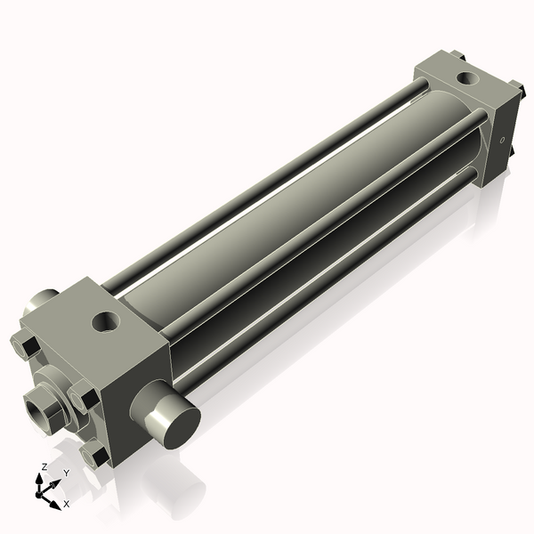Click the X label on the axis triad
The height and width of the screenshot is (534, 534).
pyautogui.click(x=66, y=504)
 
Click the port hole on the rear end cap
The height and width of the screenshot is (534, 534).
pyautogui.click(x=466, y=79)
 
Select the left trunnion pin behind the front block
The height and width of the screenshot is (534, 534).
pyautogui.click(x=40, y=303)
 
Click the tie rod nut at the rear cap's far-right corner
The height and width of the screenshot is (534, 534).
pyautogui.click(x=515, y=89)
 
